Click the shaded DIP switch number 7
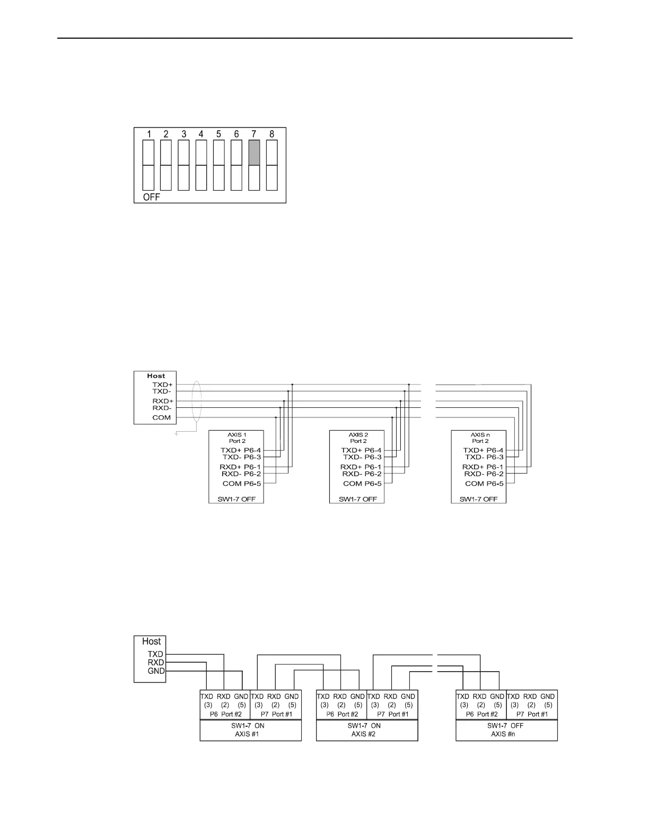point(254,153)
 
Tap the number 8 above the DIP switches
point(271,135)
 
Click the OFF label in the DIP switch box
point(152,197)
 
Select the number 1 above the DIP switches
point(149,135)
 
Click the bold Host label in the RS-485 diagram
point(156,376)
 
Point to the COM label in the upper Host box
point(162,417)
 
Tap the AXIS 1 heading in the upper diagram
point(237,435)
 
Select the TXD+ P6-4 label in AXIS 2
point(361,450)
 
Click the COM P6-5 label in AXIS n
point(483,484)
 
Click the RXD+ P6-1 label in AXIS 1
point(240,467)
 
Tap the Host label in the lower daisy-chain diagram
point(151,641)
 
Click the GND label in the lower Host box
point(156,671)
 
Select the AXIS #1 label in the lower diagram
point(247,734)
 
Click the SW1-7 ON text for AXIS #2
point(364,726)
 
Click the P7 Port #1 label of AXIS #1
point(276,714)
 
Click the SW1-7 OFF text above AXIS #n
point(505,726)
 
